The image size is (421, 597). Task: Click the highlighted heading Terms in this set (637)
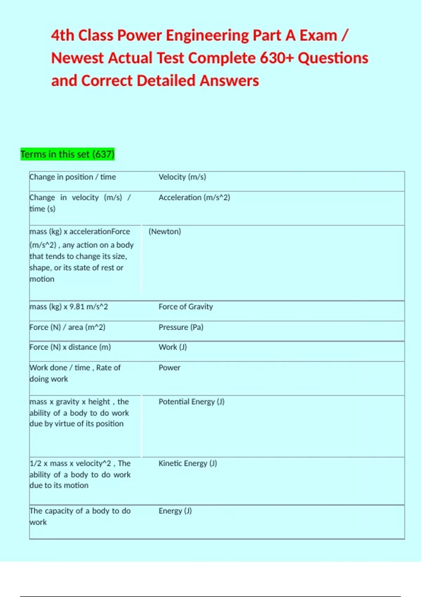click(67, 154)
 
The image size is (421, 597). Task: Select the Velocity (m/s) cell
click(182, 177)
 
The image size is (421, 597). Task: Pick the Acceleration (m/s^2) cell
click(194, 197)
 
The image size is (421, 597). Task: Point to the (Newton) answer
click(165, 231)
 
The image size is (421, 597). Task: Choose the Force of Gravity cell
click(186, 307)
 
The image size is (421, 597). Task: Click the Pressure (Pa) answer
click(181, 327)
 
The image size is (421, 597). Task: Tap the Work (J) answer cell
click(173, 347)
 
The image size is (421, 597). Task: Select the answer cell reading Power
click(169, 368)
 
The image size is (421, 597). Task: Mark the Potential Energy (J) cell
click(191, 401)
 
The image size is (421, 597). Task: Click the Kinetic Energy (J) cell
click(188, 463)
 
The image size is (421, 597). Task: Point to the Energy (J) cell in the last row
click(175, 511)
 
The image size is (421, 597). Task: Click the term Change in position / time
click(73, 177)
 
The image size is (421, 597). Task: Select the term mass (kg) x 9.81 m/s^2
click(69, 307)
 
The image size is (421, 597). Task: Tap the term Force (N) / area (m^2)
click(67, 327)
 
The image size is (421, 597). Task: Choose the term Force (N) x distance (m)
click(70, 347)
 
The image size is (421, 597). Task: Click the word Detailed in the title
click(166, 81)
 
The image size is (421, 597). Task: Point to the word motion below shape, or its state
click(42, 279)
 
